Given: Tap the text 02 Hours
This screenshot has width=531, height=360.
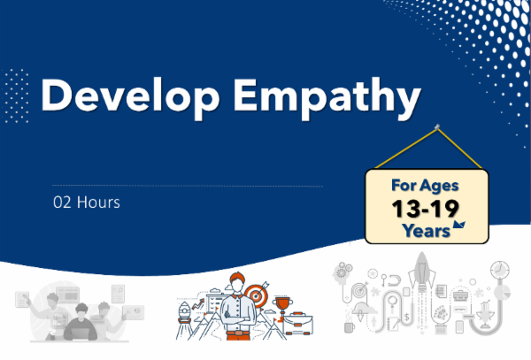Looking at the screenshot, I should (x=87, y=203).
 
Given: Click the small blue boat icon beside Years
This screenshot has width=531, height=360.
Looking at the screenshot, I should (x=458, y=227).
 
